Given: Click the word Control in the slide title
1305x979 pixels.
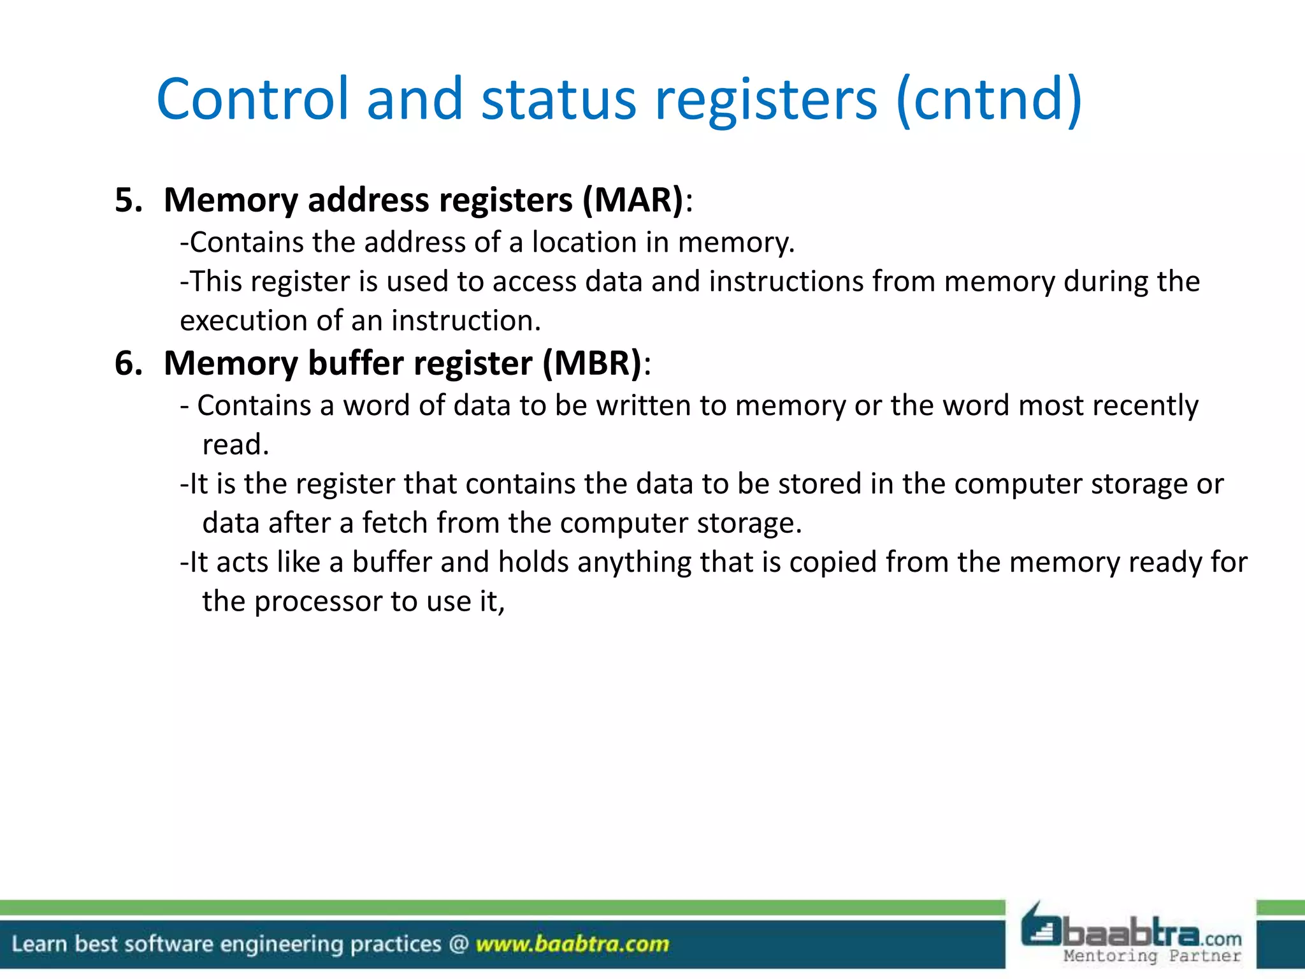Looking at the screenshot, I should [252, 99].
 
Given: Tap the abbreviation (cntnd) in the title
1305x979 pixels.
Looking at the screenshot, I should [988, 100].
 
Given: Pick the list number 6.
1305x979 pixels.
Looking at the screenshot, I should [127, 363].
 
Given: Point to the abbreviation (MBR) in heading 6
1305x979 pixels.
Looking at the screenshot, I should [592, 363].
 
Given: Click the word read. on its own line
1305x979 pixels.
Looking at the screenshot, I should [235, 445].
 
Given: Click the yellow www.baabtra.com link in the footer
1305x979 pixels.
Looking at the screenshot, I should [572, 944].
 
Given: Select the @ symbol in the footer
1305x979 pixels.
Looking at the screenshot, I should [458, 944].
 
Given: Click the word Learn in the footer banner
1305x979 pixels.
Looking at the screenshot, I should [39, 944].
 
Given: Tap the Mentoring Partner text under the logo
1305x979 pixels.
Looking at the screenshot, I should [1152, 956].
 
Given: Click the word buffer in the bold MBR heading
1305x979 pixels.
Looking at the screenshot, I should [356, 363].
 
